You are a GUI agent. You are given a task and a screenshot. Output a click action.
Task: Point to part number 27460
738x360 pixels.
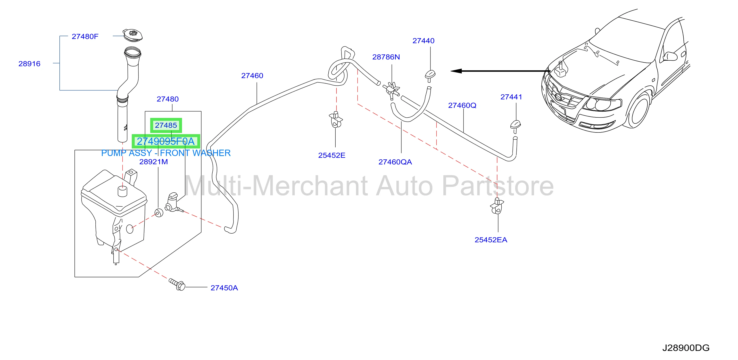(252, 76)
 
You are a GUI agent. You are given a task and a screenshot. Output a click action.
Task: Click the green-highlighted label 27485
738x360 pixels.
(166, 125)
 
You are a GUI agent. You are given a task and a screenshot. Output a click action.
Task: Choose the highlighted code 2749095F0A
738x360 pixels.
(166, 141)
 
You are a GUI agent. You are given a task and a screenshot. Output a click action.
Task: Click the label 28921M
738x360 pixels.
(154, 162)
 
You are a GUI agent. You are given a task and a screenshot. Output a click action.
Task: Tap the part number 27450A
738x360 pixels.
(224, 288)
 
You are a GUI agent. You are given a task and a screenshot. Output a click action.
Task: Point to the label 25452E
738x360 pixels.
(332, 155)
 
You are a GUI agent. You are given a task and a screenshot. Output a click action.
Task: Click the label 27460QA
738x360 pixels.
(395, 162)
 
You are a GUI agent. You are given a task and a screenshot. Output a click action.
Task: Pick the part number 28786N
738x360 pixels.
(386, 57)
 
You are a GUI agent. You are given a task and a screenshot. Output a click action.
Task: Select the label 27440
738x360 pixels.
(423, 41)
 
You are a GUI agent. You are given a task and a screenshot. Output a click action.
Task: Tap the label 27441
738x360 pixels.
(511, 97)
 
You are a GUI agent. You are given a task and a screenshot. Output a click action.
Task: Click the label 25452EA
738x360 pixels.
(491, 240)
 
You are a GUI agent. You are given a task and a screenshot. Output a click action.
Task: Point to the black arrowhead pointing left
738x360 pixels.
(456, 71)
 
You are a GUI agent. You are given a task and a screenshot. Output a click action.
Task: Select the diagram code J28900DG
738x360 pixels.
(686, 348)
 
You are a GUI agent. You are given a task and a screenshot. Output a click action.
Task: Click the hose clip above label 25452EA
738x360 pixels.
(497, 206)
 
